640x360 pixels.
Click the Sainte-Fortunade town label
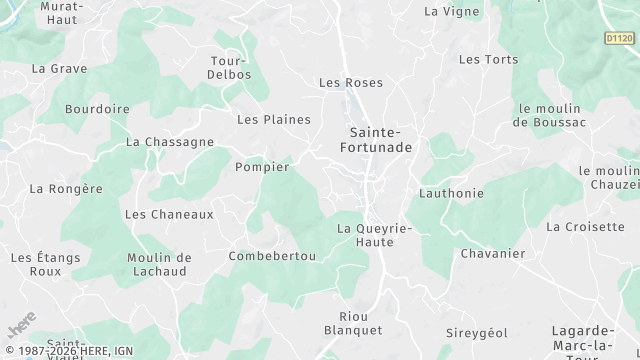click(376, 140)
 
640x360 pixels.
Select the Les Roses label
click(350, 83)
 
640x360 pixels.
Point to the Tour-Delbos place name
click(229, 67)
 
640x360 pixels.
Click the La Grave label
click(59, 69)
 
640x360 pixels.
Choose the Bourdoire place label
click(97, 108)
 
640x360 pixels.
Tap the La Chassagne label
click(170, 142)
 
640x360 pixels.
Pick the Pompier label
click(262, 167)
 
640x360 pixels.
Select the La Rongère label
click(66, 188)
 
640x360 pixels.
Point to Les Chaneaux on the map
click(169, 214)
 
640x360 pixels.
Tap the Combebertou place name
click(273, 256)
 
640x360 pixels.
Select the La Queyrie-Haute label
click(375, 235)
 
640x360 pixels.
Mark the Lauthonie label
click(452, 193)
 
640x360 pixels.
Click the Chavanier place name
click(492, 253)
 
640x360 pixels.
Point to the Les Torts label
click(488, 60)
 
